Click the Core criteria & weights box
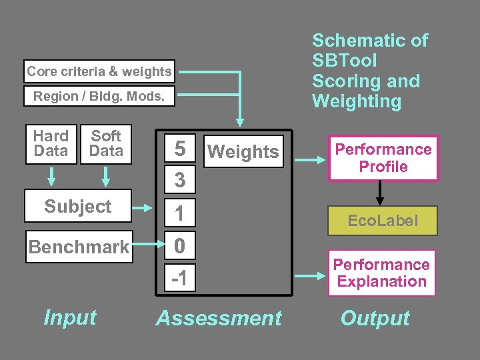99,71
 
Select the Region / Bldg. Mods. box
99,96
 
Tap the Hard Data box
51,143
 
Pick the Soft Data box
106,143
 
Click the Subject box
78,207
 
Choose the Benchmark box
78,247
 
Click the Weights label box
243,152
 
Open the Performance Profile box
383,158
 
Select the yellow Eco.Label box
383,221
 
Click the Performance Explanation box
381,273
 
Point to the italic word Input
70,318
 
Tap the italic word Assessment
219,319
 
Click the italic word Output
375,319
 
